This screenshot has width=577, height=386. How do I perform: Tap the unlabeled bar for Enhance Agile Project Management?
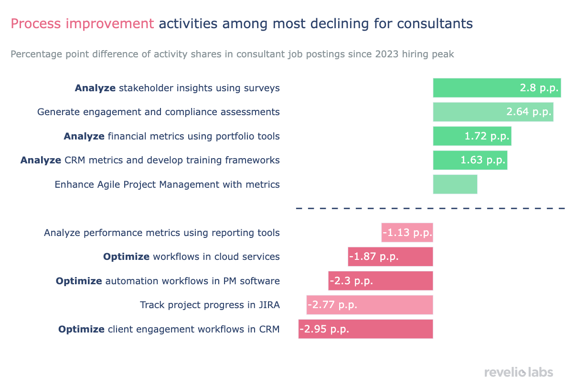[x=455, y=184]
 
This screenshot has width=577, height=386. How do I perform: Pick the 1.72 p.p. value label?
[x=487, y=136]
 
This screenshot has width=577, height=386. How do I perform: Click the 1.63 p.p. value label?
[x=482, y=160]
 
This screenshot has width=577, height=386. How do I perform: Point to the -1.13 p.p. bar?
[x=407, y=233]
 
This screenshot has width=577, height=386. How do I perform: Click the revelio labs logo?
[x=518, y=372]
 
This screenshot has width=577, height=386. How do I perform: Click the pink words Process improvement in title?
[x=82, y=23]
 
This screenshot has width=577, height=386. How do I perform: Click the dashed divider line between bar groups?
[x=430, y=208]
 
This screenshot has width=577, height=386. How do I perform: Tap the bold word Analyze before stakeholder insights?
[x=95, y=88]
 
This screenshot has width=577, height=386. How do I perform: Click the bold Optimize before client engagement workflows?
[x=81, y=329]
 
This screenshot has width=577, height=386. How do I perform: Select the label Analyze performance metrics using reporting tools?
[x=161, y=233]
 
